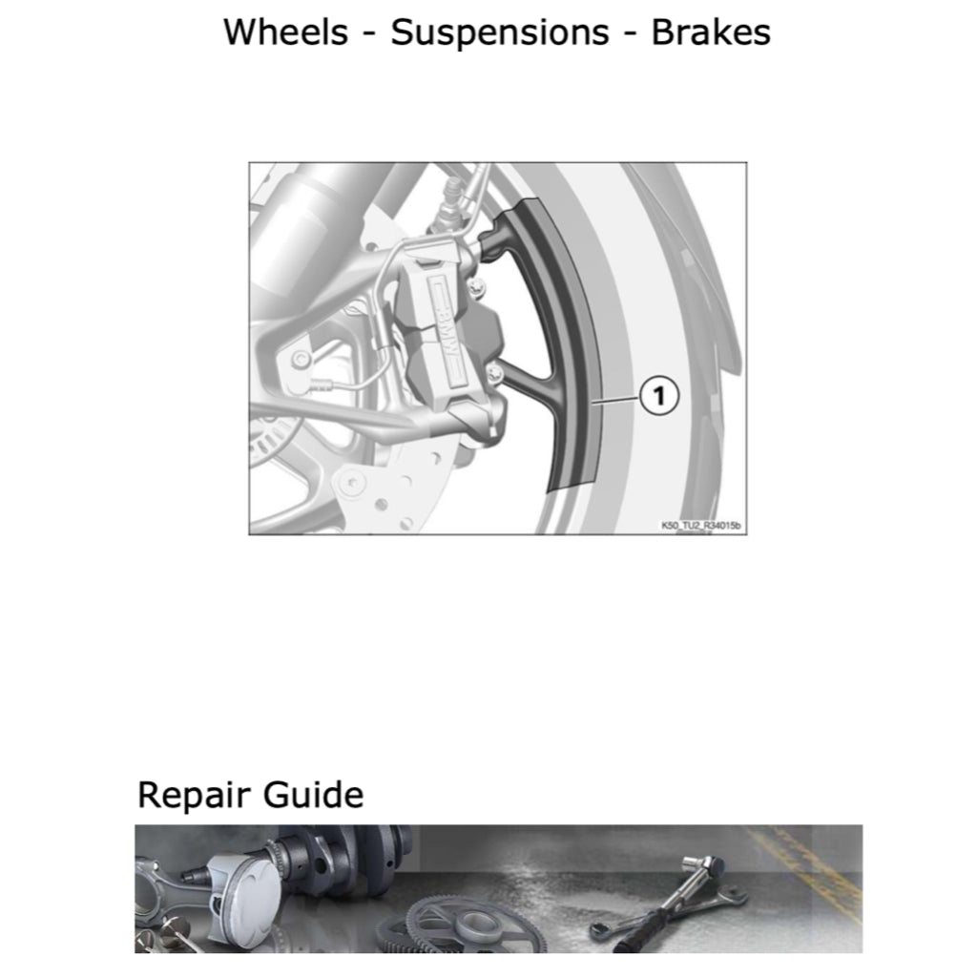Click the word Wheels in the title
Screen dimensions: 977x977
(x=285, y=32)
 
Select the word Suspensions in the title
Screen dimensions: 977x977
(x=500, y=32)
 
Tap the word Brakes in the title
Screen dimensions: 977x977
(x=711, y=32)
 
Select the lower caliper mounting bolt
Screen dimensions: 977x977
(x=494, y=368)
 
